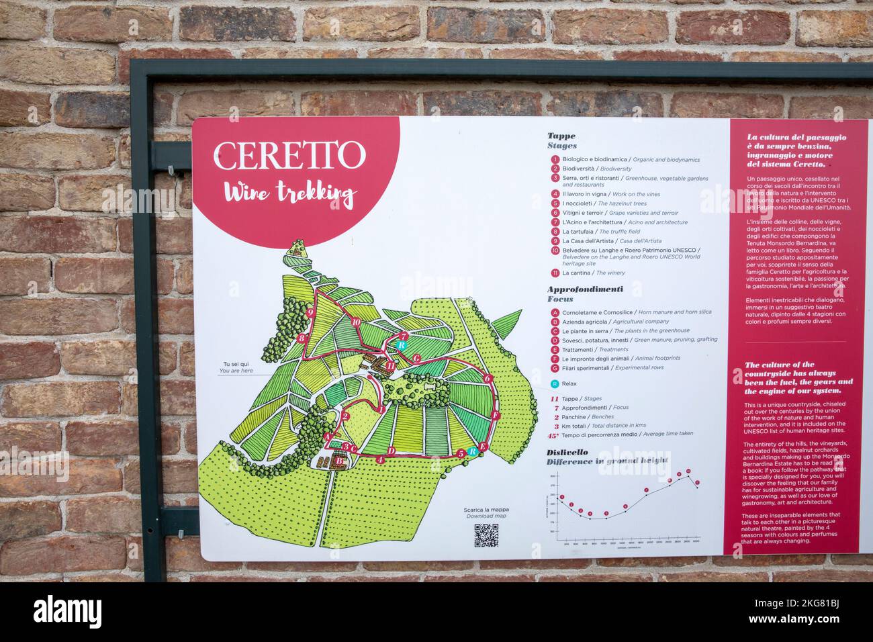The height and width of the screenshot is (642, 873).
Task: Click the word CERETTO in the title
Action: [289, 156]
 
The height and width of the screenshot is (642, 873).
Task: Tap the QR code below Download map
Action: [486, 535]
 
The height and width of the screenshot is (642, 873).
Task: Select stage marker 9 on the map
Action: [310, 312]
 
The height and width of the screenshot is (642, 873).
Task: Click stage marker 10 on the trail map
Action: [355, 322]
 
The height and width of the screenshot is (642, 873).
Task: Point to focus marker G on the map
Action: [416, 358]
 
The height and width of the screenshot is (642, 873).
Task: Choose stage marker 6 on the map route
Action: [488, 378]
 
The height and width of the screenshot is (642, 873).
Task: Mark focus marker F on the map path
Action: [495, 416]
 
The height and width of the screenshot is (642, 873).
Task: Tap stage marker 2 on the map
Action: [344, 416]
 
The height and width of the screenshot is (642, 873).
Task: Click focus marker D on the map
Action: [391, 451]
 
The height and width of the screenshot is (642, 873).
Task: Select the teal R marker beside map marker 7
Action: [400, 345]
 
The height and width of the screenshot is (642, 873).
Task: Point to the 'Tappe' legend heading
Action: [561, 136]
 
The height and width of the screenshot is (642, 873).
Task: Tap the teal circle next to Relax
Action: [555, 384]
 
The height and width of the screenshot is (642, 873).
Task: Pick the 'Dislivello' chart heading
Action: [567, 452]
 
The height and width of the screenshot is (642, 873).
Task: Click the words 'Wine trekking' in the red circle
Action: [289, 193]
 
